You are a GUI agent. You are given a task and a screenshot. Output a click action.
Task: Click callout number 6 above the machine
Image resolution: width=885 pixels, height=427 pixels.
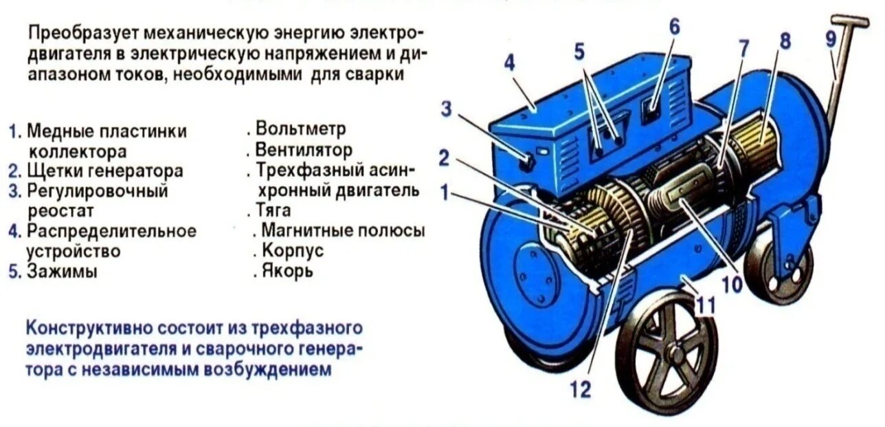(674, 27)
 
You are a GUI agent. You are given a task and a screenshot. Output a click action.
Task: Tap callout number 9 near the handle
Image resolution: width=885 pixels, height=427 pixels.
(831, 39)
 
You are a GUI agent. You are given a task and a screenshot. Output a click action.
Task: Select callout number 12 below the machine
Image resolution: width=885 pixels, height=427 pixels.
(580, 390)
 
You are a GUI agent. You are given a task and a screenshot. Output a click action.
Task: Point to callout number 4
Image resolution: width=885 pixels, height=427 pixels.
(508, 63)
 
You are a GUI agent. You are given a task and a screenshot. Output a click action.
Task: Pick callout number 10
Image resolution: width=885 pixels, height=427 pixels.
(732, 283)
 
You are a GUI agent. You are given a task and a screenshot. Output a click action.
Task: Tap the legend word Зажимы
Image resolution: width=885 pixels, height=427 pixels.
(62, 271)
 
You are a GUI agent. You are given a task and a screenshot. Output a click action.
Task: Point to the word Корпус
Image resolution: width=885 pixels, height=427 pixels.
(292, 250)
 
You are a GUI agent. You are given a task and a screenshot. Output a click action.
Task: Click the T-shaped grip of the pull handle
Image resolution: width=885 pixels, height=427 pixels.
(851, 21)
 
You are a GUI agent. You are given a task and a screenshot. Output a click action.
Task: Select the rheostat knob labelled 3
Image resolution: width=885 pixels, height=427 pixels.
(527, 162)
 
